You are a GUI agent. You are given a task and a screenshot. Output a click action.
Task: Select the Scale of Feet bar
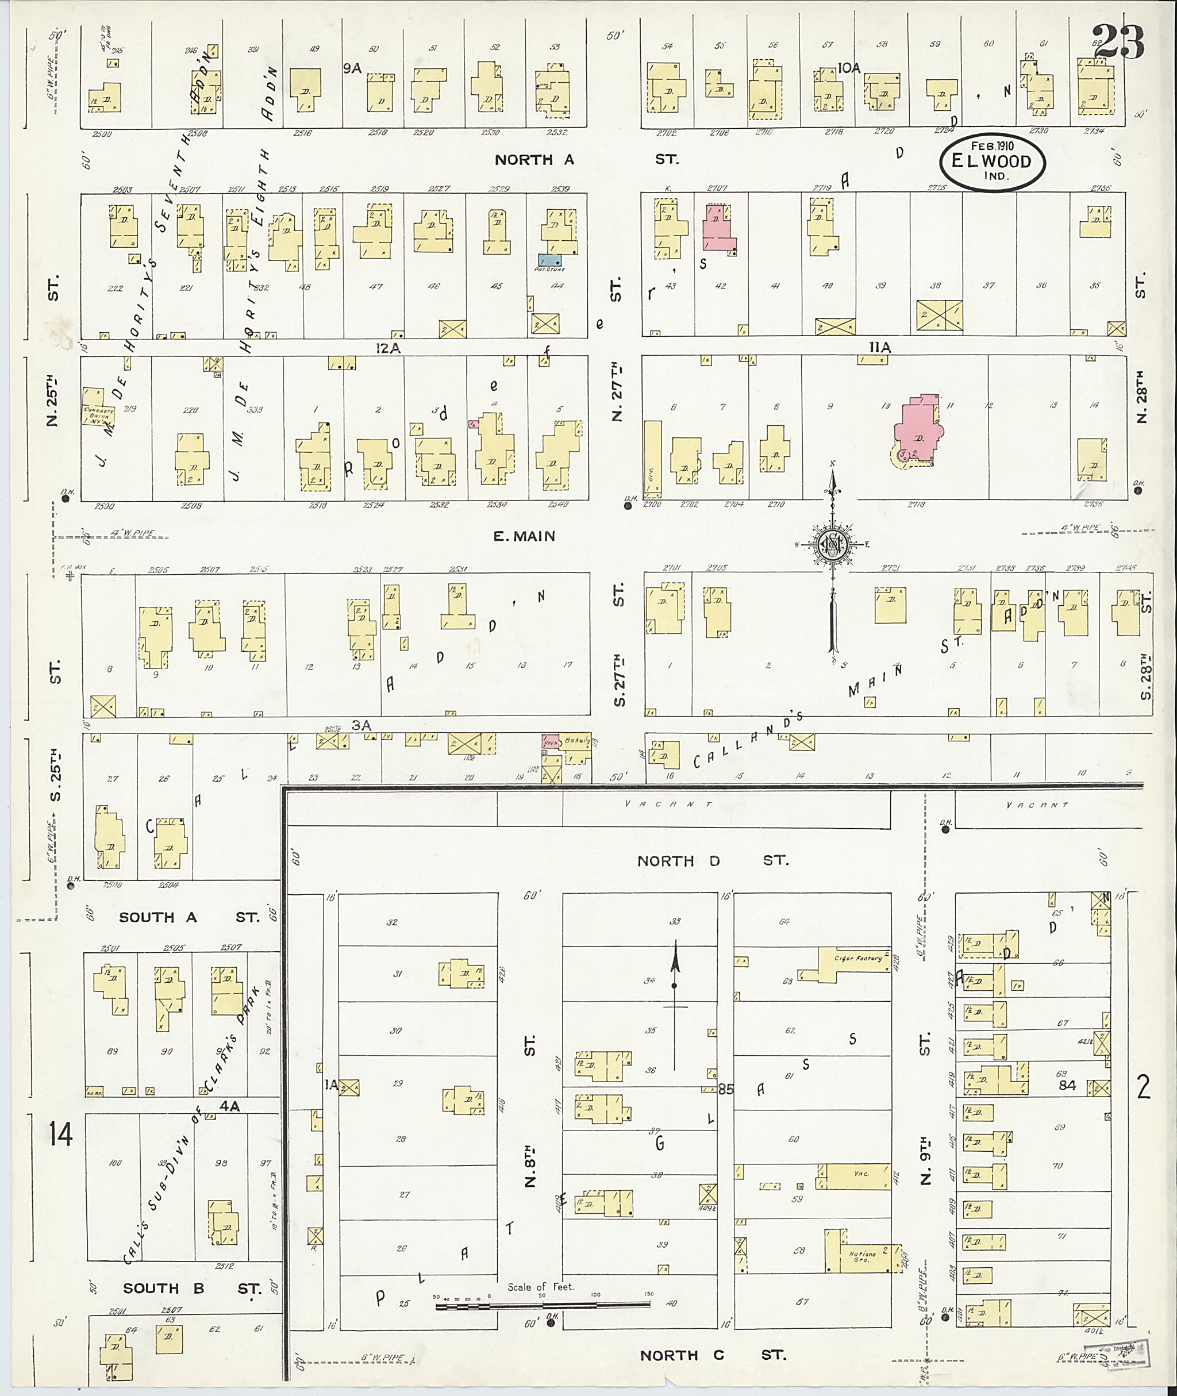click(542, 1305)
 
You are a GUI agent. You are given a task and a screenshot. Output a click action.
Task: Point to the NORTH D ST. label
click(712, 860)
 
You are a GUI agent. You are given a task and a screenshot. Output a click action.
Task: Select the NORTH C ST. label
click(712, 1355)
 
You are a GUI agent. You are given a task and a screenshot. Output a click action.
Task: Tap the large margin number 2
click(1144, 1088)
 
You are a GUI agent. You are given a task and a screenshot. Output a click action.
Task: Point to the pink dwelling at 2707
click(717, 229)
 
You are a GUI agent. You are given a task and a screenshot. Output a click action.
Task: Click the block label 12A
click(388, 348)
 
